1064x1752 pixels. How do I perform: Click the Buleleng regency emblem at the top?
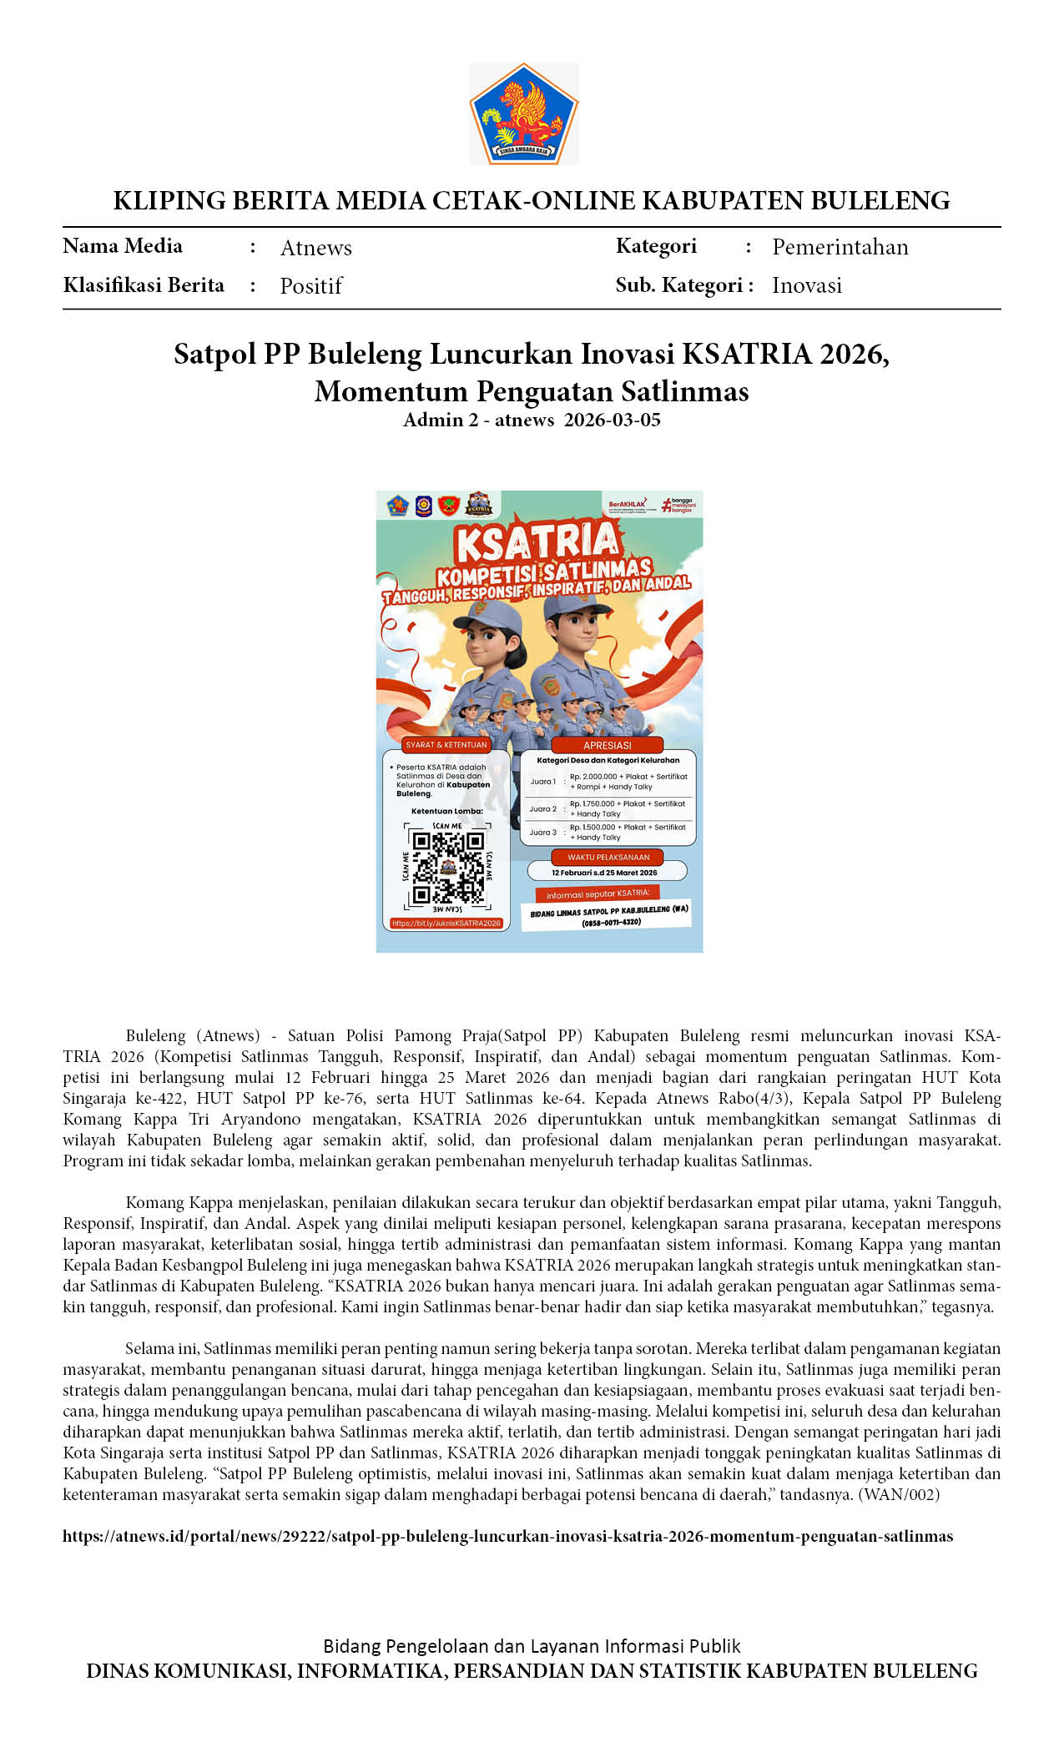524,113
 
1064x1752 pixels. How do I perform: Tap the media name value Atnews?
315,248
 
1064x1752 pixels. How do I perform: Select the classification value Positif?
310,286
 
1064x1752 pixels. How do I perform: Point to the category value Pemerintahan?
840,247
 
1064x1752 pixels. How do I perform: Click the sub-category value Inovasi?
806,285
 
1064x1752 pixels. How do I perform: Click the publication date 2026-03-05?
612,420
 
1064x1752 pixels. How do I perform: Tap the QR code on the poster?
448,867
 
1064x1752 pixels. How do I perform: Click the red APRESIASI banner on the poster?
607,745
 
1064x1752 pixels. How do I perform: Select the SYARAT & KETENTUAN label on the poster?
446,744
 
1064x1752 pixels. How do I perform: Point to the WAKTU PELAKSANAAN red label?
608,857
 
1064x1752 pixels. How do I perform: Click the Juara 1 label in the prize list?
542,782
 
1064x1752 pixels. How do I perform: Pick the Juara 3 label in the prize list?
542,833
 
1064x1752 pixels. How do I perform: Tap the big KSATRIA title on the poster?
537,542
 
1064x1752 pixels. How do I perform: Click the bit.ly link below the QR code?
446,924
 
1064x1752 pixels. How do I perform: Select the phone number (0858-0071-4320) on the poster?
611,922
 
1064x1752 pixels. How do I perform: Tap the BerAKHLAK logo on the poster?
627,505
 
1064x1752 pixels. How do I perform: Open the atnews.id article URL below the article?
507,1536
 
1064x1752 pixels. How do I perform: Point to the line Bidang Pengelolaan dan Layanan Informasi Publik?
532,1646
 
